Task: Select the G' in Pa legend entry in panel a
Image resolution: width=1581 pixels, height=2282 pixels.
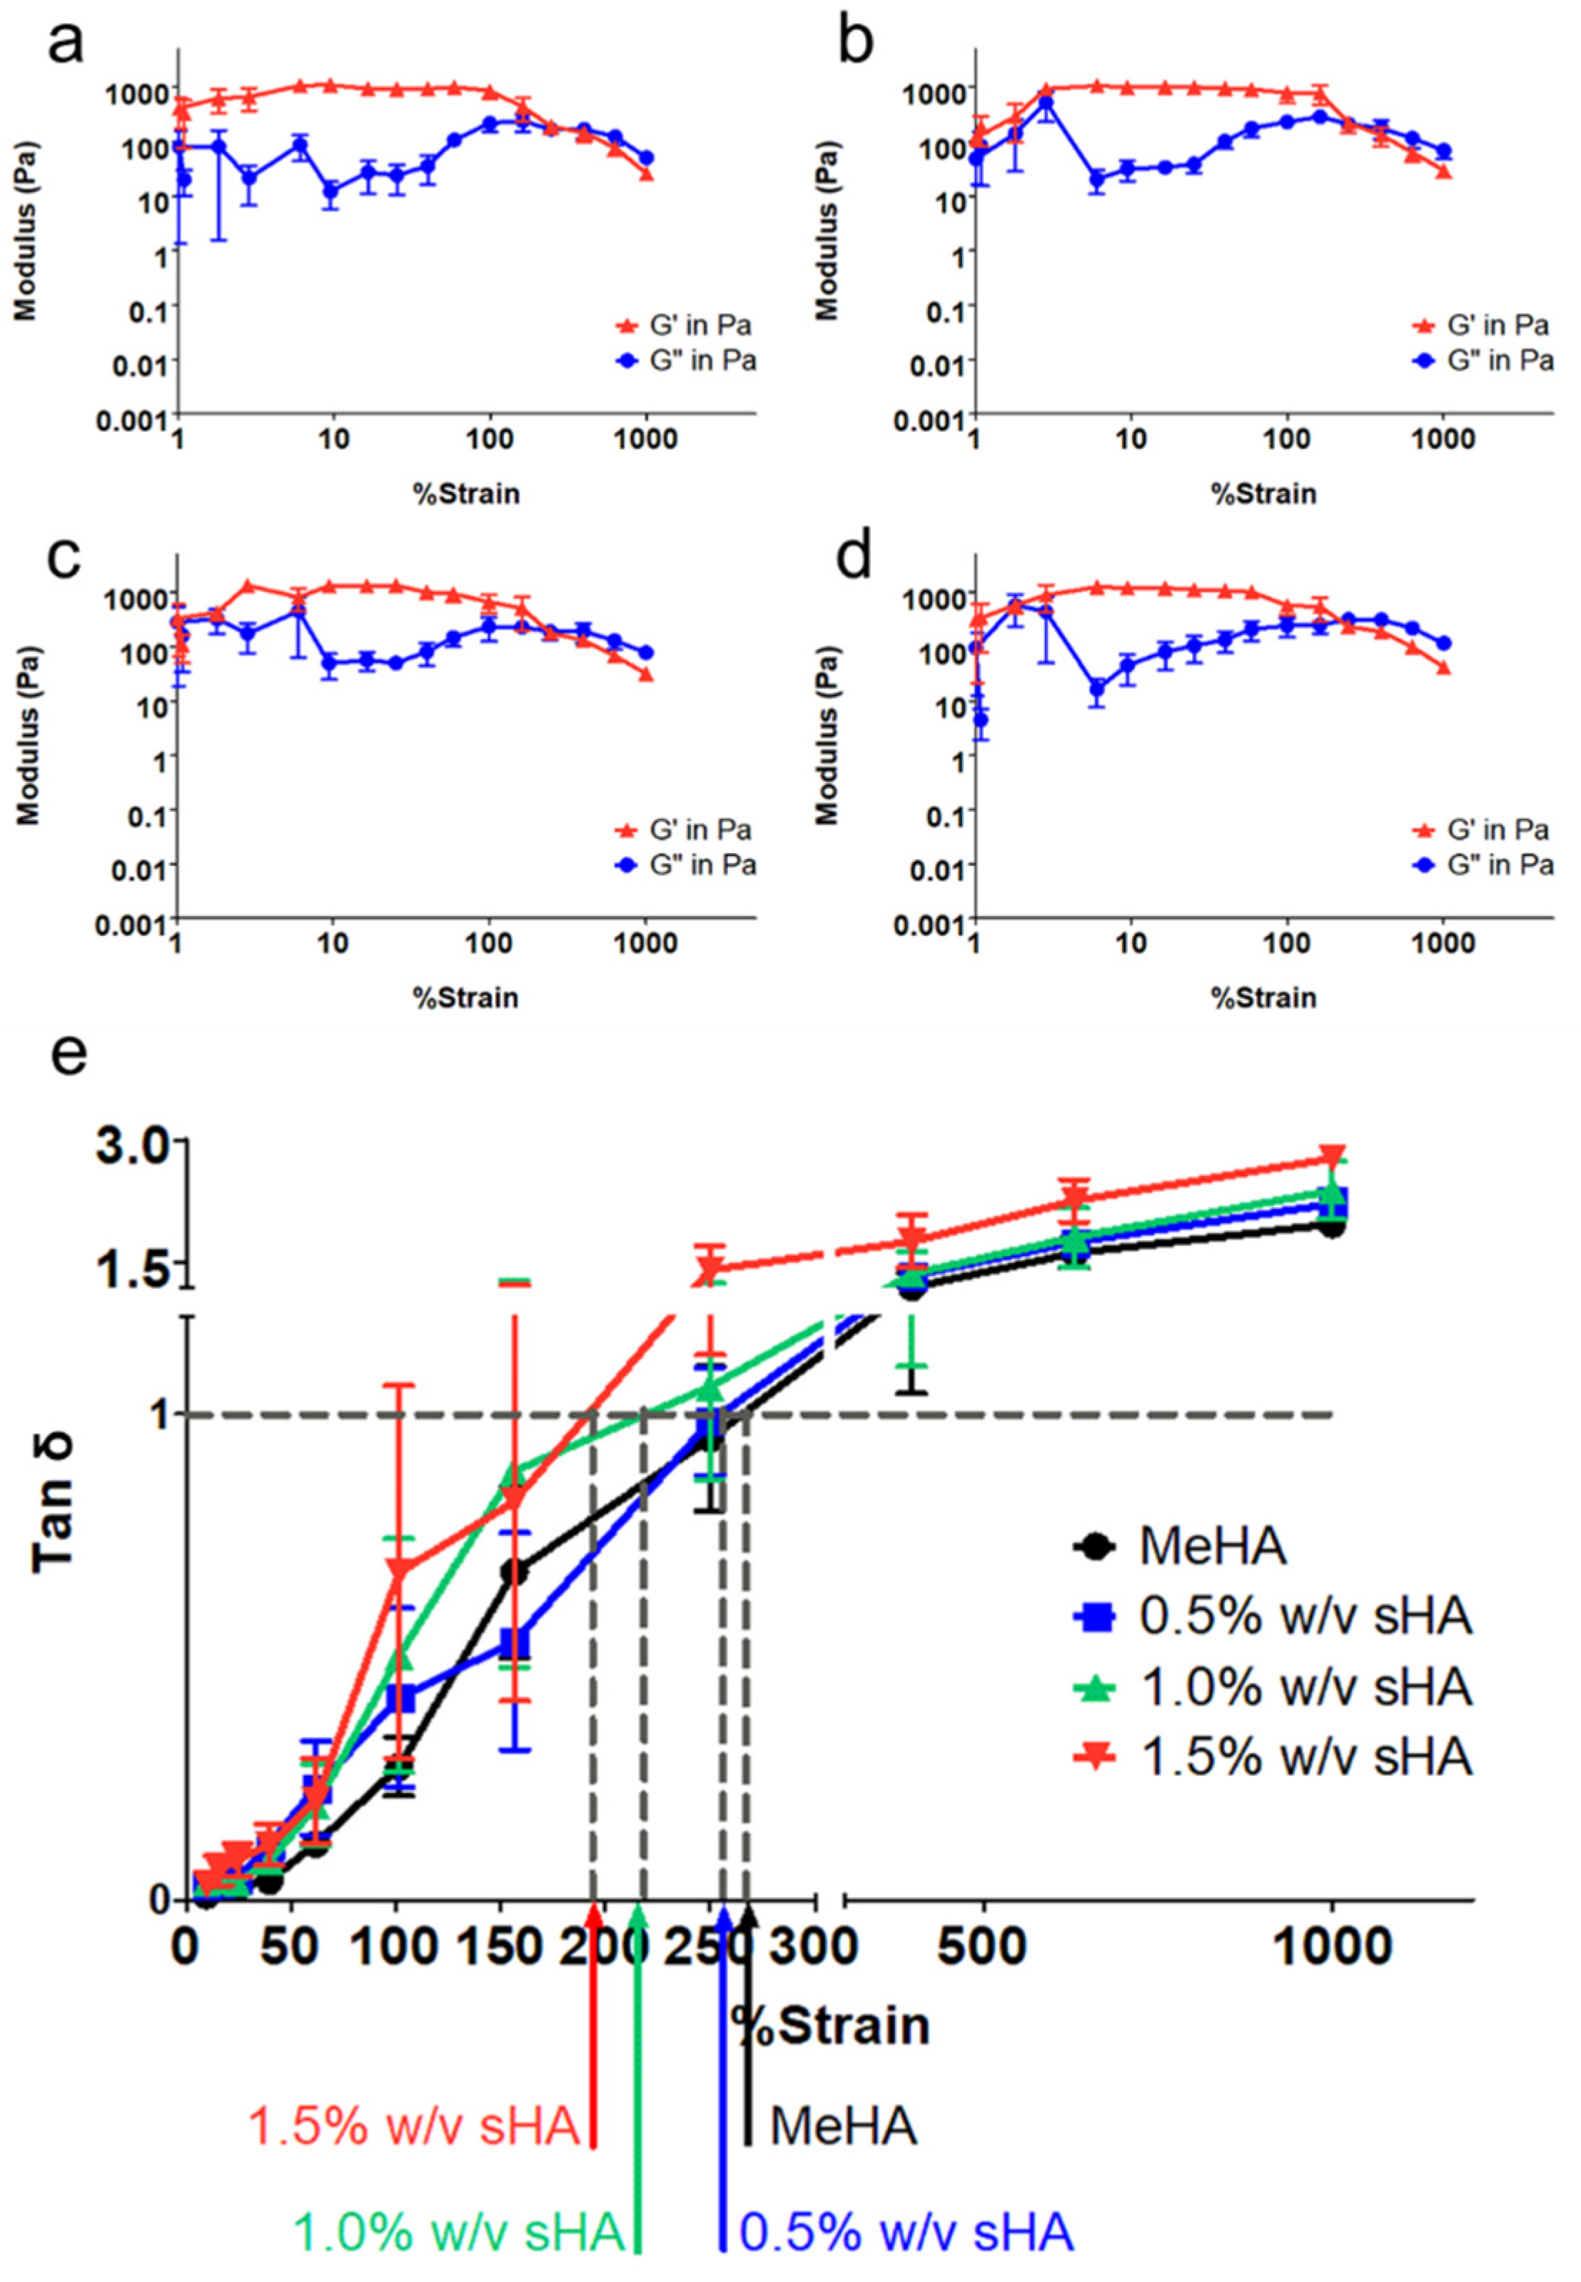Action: tap(699, 325)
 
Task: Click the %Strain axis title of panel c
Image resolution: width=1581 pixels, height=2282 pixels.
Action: tap(465, 997)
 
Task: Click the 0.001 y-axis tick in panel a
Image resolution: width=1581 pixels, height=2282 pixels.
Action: tap(132, 420)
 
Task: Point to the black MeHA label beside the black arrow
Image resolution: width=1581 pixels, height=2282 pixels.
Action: tap(843, 2126)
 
